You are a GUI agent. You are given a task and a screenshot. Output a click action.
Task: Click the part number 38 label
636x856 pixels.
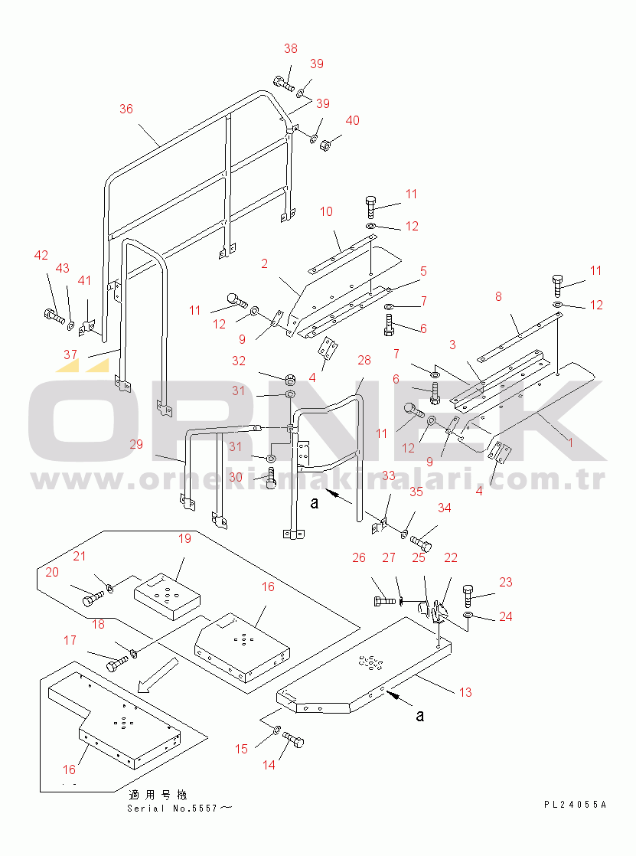coord(290,48)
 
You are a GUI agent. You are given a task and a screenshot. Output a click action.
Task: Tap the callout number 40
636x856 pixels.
coord(353,121)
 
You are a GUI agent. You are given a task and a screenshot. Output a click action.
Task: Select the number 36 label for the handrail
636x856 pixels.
coord(126,109)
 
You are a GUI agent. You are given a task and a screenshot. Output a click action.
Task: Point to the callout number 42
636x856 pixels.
coord(41,256)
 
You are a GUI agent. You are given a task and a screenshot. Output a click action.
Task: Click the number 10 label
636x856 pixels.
coord(326,212)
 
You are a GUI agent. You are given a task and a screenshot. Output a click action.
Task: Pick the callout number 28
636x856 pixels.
coord(364,361)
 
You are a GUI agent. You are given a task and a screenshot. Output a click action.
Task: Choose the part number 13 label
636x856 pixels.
coord(465,693)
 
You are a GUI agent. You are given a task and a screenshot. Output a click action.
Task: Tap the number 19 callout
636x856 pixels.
coord(184,539)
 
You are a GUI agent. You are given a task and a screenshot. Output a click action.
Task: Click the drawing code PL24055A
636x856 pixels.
coord(575,804)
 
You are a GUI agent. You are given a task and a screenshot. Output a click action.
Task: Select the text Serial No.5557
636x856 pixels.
coord(172,809)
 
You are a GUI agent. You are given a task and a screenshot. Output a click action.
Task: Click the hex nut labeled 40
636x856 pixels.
coord(325,145)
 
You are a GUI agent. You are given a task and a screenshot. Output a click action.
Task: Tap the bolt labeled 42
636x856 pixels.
coord(53,315)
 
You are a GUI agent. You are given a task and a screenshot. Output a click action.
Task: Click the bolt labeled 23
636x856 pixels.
coord(468,596)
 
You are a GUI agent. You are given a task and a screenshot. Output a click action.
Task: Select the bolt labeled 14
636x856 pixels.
coord(294,740)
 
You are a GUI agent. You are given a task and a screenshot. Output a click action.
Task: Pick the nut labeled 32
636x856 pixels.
coord(290,380)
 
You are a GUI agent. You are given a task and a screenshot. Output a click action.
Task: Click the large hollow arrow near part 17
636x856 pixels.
coord(158,675)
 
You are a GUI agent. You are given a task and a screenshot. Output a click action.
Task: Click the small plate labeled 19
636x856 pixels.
coord(167,596)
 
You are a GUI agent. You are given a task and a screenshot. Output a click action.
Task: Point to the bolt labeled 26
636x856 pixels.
coord(384,601)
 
